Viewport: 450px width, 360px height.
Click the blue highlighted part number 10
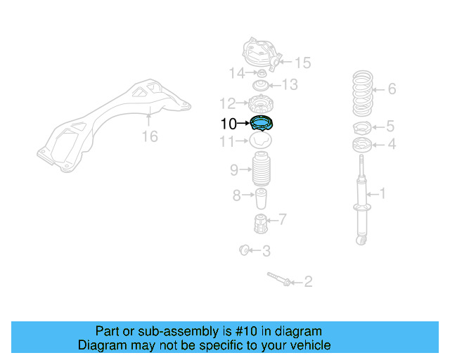262,124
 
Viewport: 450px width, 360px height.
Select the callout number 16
150,136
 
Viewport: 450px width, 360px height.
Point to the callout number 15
302,63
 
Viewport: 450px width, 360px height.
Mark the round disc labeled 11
262,142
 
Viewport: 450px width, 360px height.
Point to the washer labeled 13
261,84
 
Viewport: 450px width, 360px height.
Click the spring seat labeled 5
363,128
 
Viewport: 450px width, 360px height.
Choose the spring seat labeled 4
362,146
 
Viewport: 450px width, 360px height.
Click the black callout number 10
229,124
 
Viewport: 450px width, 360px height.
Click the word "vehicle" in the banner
307,345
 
